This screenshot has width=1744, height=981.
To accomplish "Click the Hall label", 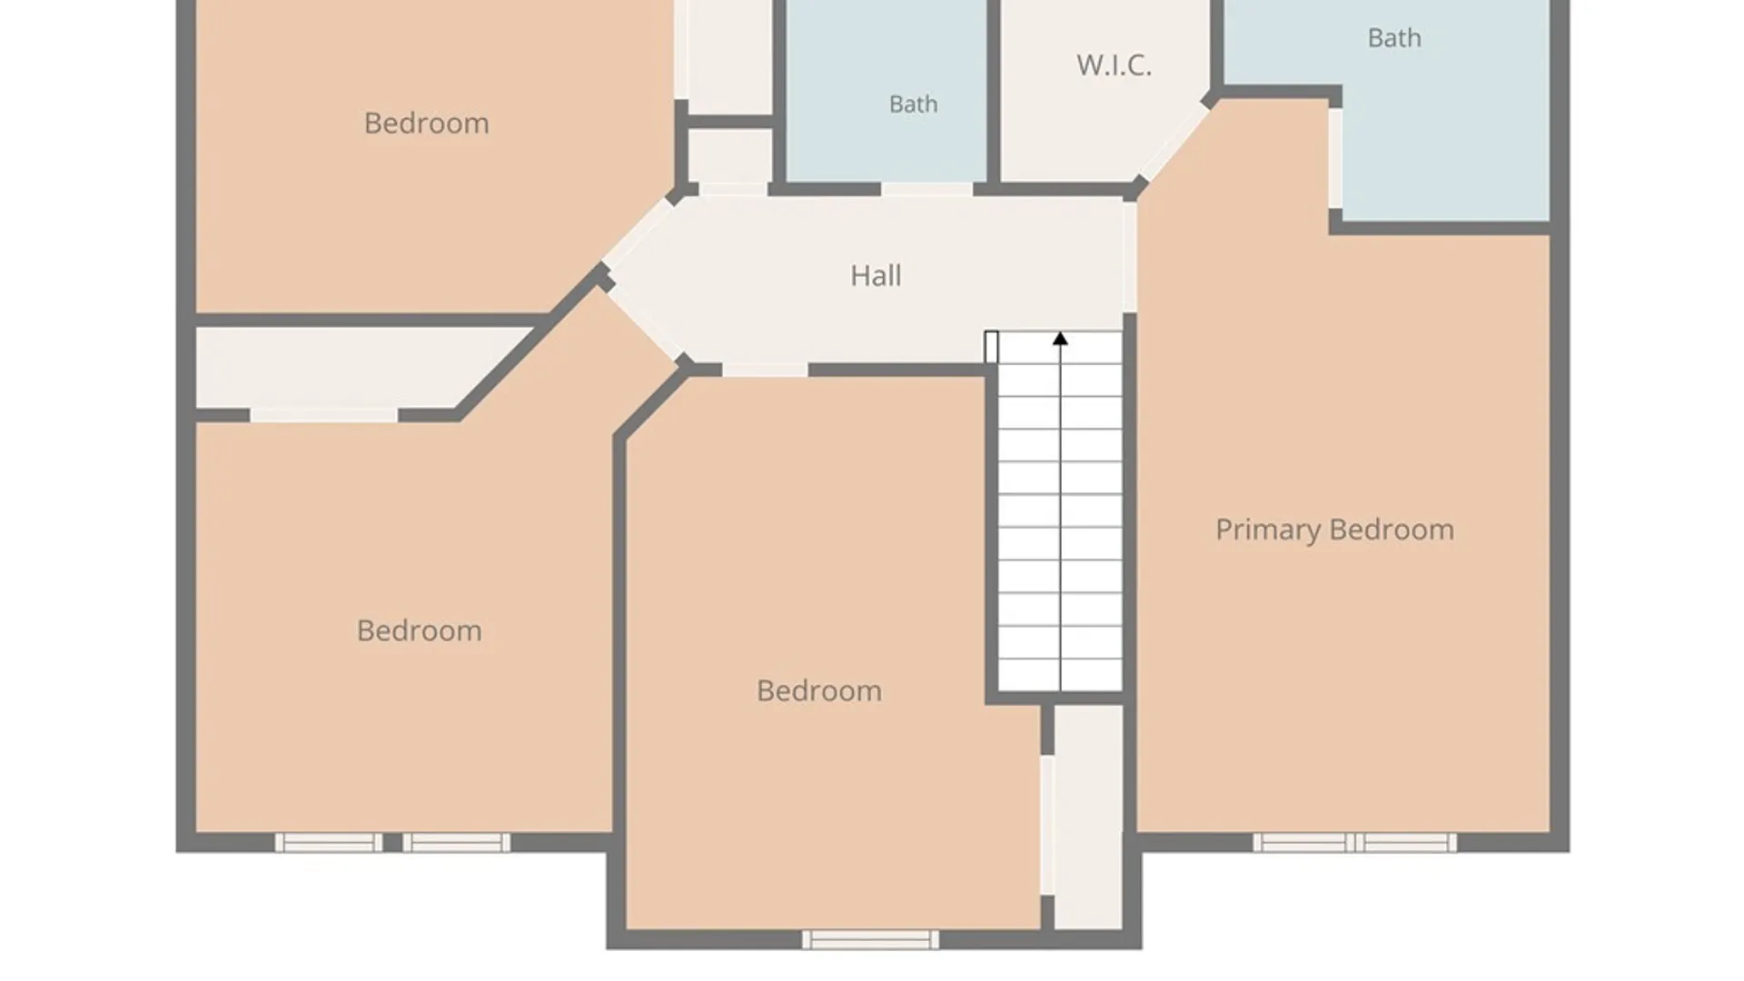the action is (876, 275).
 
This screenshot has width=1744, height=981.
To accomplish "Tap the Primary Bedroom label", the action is (1334, 530).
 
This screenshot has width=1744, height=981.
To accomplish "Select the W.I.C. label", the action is (1114, 65).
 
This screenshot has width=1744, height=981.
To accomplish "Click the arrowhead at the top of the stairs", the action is (1060, 339).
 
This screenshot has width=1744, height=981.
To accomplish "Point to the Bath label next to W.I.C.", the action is (913, 104).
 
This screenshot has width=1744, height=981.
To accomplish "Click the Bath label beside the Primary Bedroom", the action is (1394, 38).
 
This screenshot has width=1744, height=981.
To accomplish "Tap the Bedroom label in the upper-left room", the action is (426, 124).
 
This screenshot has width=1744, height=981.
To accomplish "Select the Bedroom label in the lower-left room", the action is (419, 630).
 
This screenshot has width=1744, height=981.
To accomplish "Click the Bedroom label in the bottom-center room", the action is (818, 690).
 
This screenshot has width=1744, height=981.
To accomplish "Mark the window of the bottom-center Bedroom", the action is (870, 939).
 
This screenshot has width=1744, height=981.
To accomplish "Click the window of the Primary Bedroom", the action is (1354, 843).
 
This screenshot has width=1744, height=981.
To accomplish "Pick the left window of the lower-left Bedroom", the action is (329, 843).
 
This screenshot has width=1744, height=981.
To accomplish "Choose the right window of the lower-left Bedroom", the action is (456, 843).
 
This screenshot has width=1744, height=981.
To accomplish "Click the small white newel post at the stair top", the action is (991, 347).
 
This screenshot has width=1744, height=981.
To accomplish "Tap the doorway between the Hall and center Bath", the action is (926, 189).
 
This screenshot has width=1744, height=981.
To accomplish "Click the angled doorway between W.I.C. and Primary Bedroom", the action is (1174, 143).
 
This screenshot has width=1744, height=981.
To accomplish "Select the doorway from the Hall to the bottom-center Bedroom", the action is (765, 370).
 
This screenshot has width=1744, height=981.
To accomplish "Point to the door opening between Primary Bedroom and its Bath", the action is (1335, 159).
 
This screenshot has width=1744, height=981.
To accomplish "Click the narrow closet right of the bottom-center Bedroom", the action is (1088, 817).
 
